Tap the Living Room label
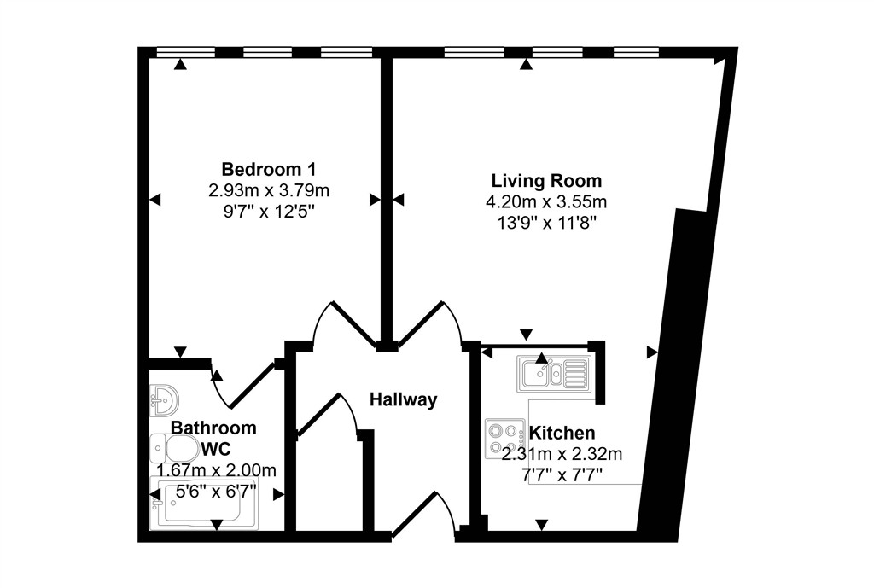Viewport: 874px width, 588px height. [546, 181]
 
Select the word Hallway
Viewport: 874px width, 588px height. [403, 399]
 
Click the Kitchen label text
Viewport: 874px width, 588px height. [562, 433]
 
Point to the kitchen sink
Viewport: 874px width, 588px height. [553, 373]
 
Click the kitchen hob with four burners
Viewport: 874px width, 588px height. [505, 439]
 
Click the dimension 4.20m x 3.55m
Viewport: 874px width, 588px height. [546, 202]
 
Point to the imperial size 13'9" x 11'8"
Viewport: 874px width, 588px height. [546, 224]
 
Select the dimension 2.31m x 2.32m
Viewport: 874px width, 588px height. [562, 454]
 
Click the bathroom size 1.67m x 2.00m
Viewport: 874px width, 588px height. [216, 470]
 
